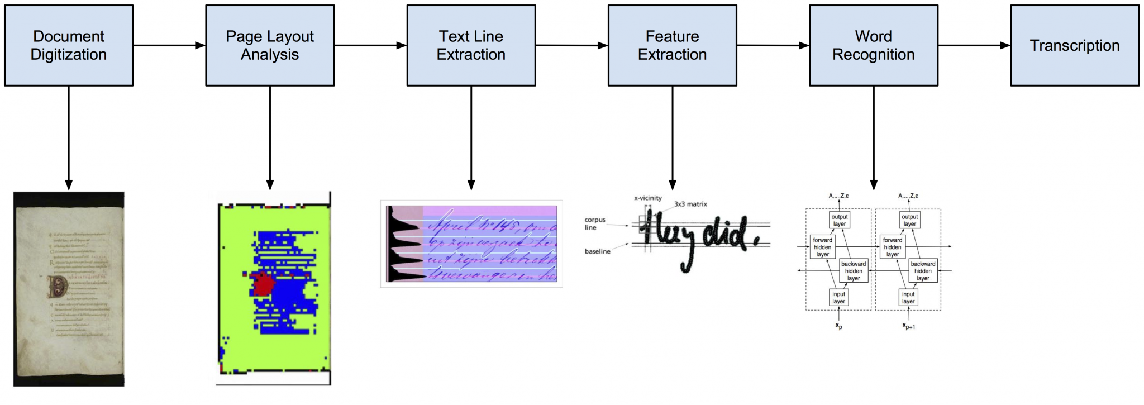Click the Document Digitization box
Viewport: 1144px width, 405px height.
point(69,45)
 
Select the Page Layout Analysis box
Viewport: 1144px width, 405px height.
point(270,45)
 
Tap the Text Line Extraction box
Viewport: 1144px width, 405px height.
point(471,45)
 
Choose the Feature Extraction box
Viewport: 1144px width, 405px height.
point(672,45)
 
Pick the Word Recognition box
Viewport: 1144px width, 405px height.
point(873,45)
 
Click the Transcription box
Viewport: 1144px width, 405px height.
point(1074,45)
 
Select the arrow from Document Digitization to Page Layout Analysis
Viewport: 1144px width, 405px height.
point(169,45)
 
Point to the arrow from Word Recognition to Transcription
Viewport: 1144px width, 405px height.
point(974,45)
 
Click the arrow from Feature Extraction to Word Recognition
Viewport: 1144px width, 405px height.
point(773,45)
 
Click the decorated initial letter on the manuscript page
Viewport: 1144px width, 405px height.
point(58,287)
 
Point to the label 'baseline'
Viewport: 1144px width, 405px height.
point(597,251)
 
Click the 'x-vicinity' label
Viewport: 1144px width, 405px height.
point(647,198)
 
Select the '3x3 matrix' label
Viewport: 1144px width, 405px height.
point(690,204)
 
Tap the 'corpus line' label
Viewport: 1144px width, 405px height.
point(594,223)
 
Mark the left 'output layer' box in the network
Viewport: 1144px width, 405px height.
point(839,220)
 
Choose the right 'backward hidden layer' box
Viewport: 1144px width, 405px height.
point(923,271)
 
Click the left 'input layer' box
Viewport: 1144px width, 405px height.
point(838,298)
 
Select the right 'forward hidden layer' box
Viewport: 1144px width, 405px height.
point(892,247)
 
